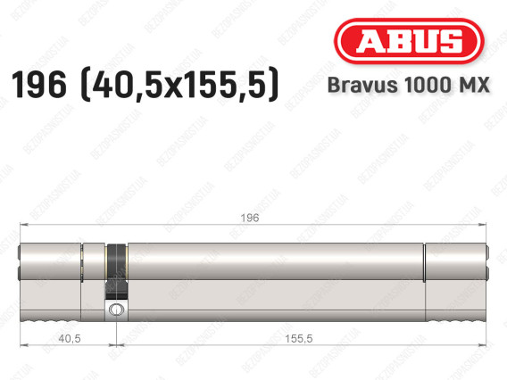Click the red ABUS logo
pos(409,41)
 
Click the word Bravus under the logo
pos(362,85)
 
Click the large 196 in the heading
pos(38,85)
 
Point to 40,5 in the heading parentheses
pos(117,85)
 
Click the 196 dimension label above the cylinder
pos(250,218)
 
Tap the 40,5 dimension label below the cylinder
pos(70,339)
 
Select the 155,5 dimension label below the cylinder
pos(298,339)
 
